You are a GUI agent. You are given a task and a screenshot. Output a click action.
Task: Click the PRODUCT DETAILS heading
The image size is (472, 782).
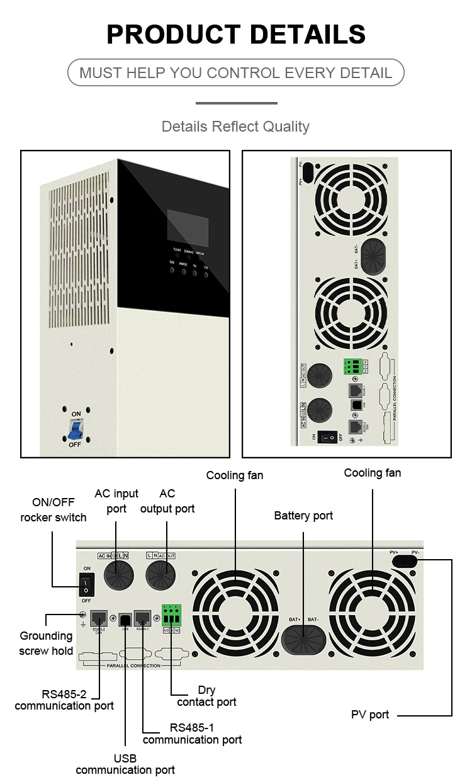pos(236,33)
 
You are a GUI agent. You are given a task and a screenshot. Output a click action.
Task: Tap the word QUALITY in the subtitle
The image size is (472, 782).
pos(286,127)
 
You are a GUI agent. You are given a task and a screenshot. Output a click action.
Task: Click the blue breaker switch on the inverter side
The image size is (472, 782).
pos(76,429)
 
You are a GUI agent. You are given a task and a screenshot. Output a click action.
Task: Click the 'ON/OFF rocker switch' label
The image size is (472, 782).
pos(53,510)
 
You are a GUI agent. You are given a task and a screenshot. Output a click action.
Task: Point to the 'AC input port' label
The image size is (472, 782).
pos(116,501)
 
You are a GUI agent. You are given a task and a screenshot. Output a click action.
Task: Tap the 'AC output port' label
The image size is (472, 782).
pos(167,501)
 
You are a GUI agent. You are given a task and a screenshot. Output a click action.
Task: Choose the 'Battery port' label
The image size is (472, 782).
pos(303,516)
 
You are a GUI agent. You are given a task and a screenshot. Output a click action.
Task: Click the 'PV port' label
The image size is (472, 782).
pos(370,715)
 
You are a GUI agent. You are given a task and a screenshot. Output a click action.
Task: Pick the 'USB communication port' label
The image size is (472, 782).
pos(125,764)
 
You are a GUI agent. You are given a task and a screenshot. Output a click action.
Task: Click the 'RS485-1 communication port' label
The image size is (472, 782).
pos(192,734)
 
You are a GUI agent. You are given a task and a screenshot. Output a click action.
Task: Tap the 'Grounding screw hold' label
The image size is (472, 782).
pos(46,643)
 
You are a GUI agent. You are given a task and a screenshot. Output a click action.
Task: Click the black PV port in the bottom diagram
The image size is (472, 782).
pos(406,560)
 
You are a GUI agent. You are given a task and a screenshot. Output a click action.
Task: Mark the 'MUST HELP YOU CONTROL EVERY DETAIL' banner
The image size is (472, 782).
pos(235,72)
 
